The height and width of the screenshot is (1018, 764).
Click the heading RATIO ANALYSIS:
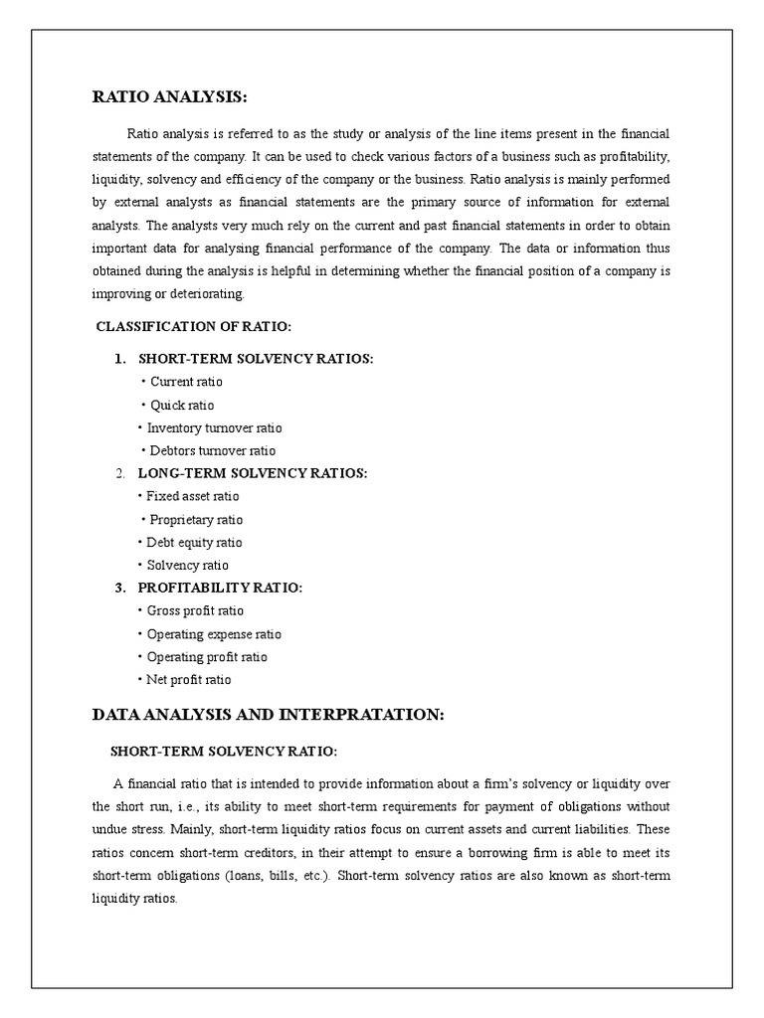tap(169, 96)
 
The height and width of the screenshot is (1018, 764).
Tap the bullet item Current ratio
tap(186, 382)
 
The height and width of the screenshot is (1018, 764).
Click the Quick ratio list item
tap(182, 406)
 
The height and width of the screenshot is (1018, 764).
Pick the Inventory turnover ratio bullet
tap(214, 428)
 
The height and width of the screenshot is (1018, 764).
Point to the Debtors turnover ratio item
tap(212, 451)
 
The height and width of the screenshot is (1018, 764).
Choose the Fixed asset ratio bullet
tap(192, 496)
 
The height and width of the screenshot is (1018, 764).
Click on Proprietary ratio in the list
tap(196, 520)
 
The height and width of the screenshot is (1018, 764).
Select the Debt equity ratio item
tap(194, 543)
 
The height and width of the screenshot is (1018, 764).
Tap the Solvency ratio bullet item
tap(187, 566)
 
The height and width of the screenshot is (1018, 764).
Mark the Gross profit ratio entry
tap(195, 611)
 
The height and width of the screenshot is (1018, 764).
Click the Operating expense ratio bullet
tap(214, 634)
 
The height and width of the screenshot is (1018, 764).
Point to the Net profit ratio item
tap(188, 680)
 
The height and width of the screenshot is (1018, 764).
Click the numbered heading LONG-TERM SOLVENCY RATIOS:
tap(252, 473)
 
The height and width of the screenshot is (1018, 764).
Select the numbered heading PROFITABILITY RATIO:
tap(220, 589)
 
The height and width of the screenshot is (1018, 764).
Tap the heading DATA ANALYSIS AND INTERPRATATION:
tap(269, 715)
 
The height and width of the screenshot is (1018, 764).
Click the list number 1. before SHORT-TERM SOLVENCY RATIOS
tap(119, 359)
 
